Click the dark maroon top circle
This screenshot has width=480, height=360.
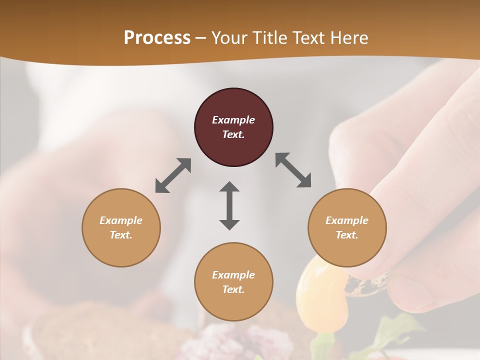[233, 127]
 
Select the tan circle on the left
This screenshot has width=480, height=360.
[121, 227]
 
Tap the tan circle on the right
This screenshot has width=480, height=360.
[347, 227]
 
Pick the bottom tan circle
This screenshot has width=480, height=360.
[233, 282]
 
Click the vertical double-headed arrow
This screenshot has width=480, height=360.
[229, 205]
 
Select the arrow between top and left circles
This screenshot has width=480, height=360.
[173, 175]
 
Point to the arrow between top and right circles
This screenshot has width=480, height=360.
[293, 170]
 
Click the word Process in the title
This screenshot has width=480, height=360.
[157, 37]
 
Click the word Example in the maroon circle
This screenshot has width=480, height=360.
[233, 120]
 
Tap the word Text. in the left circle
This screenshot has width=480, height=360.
[121, 235]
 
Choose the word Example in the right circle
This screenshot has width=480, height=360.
[347, 220]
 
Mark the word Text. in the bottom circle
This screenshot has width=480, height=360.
[233, 289]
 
